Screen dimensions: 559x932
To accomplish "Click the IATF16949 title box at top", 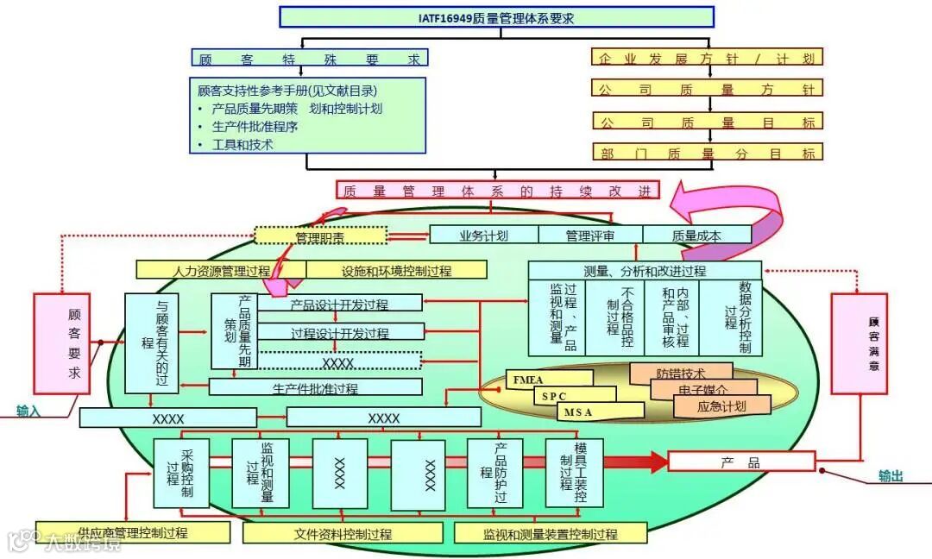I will [x=496, y=17].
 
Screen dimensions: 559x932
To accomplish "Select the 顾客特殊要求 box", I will [x=309, y=58].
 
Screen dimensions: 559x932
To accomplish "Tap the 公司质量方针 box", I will [x=707, y=89].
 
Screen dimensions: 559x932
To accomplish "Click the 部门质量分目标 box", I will [x=707, y=153].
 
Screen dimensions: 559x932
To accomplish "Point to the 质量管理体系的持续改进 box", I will [x=497, y=191].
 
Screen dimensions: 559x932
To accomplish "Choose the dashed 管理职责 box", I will [x=321, y=236].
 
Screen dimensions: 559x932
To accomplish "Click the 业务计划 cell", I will [x=483, y=235].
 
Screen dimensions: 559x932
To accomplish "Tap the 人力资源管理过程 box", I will [x=221, y=270].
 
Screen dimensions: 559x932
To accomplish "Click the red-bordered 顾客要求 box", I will [x=61, y=343].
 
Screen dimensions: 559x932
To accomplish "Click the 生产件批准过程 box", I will [x=316, y=388].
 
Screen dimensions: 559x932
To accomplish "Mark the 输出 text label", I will [x=891, y=475].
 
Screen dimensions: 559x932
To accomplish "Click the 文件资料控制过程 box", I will [x=343, y=534].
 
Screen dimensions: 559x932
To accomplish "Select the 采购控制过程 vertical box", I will [x=181, y=474].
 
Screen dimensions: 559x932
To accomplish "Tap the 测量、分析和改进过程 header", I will [x=644, y=271].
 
